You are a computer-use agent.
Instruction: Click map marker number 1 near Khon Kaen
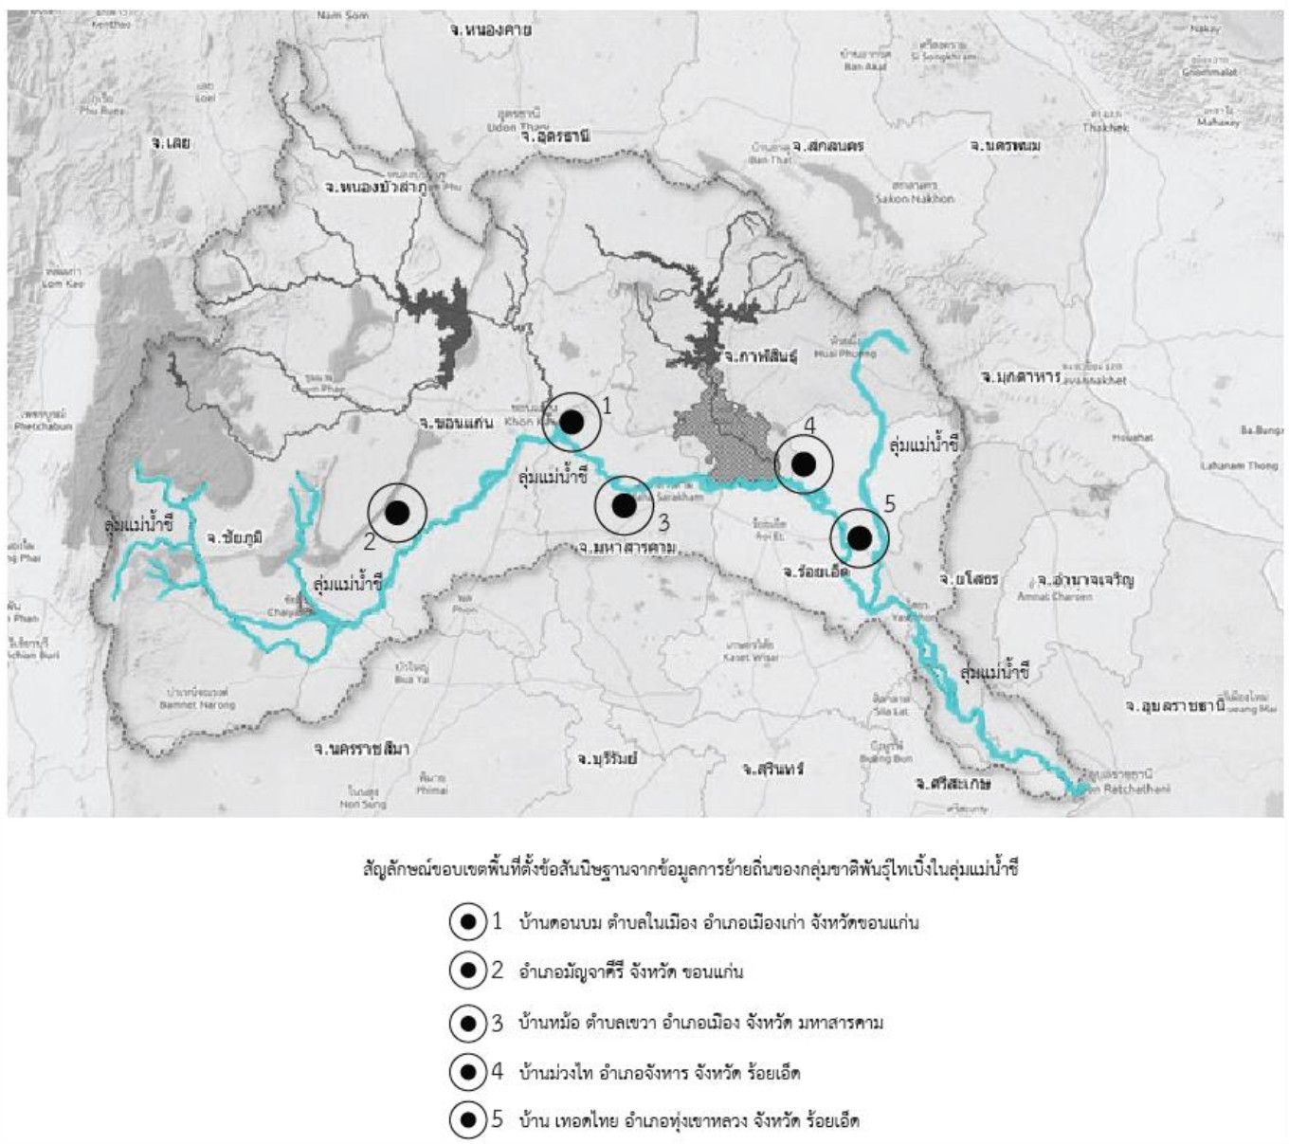(x=572, y=422)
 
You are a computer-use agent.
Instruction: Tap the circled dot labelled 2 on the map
(x=397, y=512)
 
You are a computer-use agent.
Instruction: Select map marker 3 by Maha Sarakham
(x=624, y=506)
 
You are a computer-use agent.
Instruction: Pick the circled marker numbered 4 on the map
(x=804, y=464)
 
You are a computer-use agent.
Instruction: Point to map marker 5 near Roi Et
(x=860, y=538)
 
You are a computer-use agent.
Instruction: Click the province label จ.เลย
(x=171, y=142)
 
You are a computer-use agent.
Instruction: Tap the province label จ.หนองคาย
(x=490, y=30)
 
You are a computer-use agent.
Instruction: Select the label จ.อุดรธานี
(x=555, y=136)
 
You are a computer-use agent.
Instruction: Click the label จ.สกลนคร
(x=827, y=147)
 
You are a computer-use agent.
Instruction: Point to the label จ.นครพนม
(x=1005, y=146)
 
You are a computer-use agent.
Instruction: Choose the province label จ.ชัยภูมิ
(x=234, y=537)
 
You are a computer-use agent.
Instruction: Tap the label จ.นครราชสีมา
(x=361, y=748)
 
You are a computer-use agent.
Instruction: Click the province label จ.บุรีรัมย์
(x=607, y=758)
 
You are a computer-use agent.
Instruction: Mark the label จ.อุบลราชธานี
(x=1174, y=706)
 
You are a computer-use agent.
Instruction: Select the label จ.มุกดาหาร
(x=1020, y=377)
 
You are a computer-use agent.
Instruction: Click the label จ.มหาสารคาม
(x=626, y=548)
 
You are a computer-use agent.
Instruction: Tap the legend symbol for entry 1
(x=467, y=921)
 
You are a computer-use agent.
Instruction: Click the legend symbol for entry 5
(x=467, y=1121)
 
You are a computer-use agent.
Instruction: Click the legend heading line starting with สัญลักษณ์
(x=690, y=868)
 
